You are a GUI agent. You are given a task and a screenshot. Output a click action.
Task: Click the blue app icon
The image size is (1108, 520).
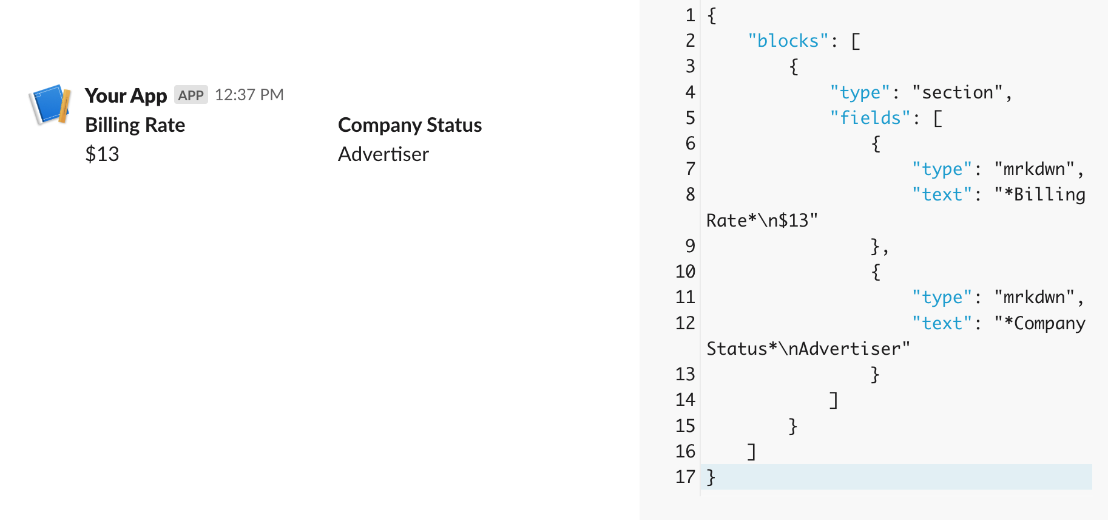click(50, 104)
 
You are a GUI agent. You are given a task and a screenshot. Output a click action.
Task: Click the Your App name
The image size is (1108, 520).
click(126, 95)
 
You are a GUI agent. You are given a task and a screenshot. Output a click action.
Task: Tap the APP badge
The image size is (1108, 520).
click(191, 95)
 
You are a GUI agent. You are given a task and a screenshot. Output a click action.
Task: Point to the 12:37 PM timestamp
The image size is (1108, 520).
click(249, 95)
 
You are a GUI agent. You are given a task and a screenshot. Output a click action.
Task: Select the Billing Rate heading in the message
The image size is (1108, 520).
click(135, 125)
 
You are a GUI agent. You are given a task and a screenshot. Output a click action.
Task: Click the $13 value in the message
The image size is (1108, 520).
click(102, 154)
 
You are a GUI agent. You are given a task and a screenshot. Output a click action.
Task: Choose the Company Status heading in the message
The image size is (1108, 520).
click(410, 125)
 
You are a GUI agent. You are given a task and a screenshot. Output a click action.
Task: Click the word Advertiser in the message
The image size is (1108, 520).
click(383, 154)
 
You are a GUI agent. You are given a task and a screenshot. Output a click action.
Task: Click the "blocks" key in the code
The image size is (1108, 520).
click(788, 41)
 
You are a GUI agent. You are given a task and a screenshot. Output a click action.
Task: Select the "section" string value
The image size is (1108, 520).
click(958, 92)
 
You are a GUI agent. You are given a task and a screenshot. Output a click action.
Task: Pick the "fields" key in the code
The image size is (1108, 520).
click(870, 118)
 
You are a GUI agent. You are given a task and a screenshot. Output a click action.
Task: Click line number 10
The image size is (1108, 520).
click(685, 272)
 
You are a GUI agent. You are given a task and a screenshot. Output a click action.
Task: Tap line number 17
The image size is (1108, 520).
click(685, 477)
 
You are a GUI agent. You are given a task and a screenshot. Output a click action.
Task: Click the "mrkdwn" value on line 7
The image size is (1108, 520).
click(1034, 169)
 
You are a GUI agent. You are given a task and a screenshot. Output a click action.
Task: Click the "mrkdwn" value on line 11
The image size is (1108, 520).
click(1034, 297)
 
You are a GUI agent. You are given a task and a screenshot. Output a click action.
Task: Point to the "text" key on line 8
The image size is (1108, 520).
click(942, 194)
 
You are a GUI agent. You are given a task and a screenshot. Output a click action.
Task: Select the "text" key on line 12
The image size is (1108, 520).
click(942, 323)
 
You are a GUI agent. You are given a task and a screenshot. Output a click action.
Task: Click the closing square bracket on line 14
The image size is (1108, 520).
click(834, 400)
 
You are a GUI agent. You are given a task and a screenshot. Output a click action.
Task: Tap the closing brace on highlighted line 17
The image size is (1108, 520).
click(711, 477)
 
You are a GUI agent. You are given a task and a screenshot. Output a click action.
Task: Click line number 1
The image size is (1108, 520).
click(690, 15)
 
